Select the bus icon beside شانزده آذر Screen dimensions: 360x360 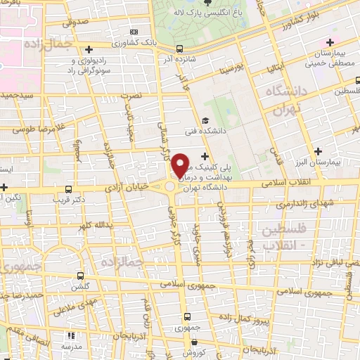click(181, 49)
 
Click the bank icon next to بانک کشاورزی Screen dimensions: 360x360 click(134, 32)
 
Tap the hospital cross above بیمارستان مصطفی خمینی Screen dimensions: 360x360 click(330, 44)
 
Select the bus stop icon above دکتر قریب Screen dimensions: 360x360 click(68, 189)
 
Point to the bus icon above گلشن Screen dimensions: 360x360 click(79, 276)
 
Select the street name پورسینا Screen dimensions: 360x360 click(231, 71)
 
